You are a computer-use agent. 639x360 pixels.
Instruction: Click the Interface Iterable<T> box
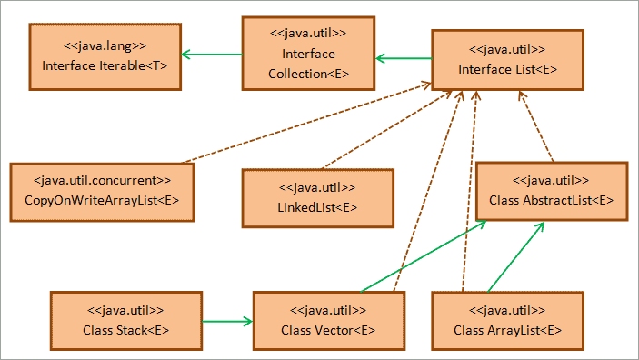(x=105, y=56)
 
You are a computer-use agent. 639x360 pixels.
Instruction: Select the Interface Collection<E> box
(x=308, y=55)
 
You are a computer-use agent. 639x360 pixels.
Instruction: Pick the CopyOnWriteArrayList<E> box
(x=102, y=189)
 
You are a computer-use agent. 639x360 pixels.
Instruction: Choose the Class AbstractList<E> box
(x=551, y=190)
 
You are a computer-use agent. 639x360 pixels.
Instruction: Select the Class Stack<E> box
(x=125, y=319)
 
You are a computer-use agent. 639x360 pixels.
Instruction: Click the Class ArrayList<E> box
(x=507, y=319)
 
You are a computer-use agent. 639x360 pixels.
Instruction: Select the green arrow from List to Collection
(x=403, y=59)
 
